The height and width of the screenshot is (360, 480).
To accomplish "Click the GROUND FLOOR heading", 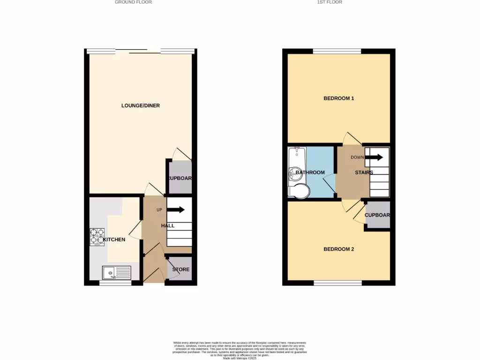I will coord(134,2).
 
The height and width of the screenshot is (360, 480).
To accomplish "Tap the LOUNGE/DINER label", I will coord(141,105).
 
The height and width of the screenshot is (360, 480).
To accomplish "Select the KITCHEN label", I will coord(114,240).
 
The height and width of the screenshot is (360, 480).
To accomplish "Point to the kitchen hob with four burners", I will coord(97,237).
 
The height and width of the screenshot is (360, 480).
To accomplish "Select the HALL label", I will coord(168,226).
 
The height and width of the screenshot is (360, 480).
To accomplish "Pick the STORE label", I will coord(180,270).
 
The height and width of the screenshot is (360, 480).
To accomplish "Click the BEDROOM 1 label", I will coord(339,98).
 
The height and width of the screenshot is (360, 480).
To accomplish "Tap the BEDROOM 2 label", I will coord(339,249).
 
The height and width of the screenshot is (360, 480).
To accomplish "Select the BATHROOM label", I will coord(310,172).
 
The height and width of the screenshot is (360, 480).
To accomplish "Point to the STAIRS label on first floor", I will coord(364,172).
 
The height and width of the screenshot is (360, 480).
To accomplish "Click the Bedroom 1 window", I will coord(337,51).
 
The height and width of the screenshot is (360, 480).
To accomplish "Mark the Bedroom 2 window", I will coord(337,283).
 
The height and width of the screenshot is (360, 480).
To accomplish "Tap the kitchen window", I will coord(115,283).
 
